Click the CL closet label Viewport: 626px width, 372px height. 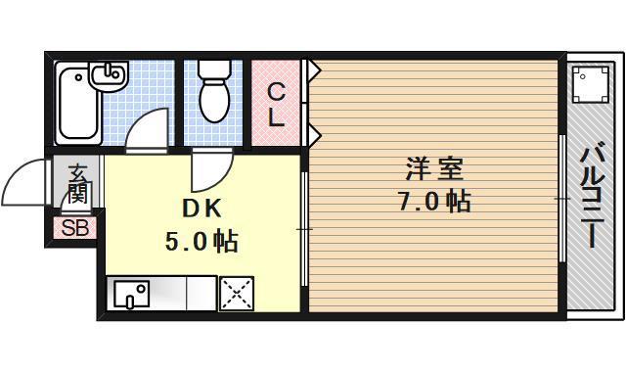click(277, 106)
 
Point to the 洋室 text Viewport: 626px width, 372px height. click(434, 169)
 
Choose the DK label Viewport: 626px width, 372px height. click(201, 209)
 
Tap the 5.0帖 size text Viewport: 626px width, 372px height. click(201, 241)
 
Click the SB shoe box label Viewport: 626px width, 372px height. click(74, 229)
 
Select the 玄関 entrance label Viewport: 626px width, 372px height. click(77, 184)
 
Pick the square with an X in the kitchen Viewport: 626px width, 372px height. click(236, 293)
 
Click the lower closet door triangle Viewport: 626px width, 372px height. click(314, 130)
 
